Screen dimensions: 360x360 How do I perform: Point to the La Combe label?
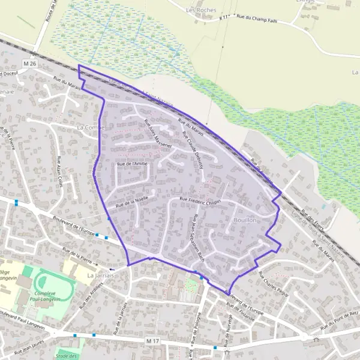click(91, 128)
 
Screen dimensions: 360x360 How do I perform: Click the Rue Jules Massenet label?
click(157, 133)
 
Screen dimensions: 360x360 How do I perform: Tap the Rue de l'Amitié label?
click(132, 163)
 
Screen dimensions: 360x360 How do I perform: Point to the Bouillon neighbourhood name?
click(244, 221)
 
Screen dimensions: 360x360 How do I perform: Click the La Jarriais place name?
click(100, 275)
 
